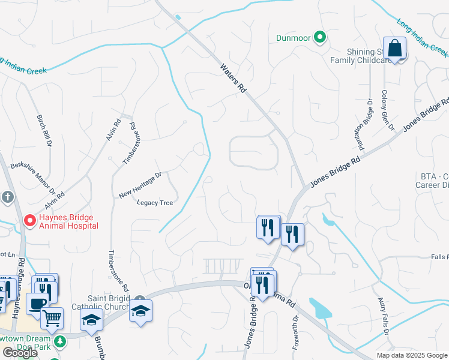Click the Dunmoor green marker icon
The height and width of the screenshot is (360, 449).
pyautogui.click(x=320, y=38)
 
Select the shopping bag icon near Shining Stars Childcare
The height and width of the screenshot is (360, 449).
pyautogui.click(x=395, y=49)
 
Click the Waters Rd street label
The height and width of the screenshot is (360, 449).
pyautogui.click(x=234, y=79)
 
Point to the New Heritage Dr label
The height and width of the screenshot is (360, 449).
pyautogui.click(x=140, y=185)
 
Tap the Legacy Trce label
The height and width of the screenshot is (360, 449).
pyautogui.click(x=155, y=203)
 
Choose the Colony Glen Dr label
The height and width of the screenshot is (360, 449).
pyautogui.click(x=387, y=111)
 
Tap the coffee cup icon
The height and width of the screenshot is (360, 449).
pyautogui.click(x=37, y=304)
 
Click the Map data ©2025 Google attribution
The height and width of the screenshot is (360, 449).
pyautogui.click(x=412, y=355)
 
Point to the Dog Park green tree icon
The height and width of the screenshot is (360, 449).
pyautogui.click(x=59, y=341)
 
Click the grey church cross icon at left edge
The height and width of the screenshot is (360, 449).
pyautogui.click(x=7, y=197)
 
